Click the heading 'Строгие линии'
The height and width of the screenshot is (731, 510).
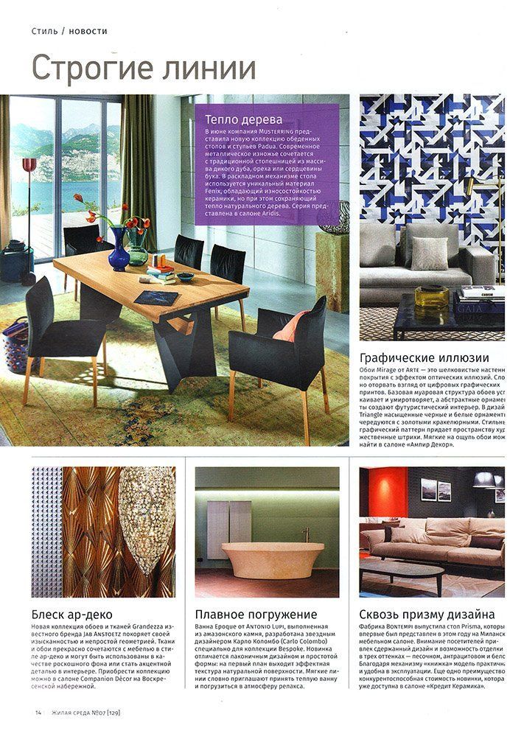(144, 69)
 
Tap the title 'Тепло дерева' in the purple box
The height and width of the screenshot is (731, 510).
(235, 119)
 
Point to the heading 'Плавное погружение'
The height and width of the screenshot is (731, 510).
(256, 614)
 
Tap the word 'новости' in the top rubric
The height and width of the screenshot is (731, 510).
(89, 31)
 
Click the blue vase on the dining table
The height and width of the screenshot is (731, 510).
(118, 250)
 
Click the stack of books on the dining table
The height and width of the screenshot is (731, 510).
(160, 274)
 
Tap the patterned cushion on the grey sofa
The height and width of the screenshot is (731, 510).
(428, 253)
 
